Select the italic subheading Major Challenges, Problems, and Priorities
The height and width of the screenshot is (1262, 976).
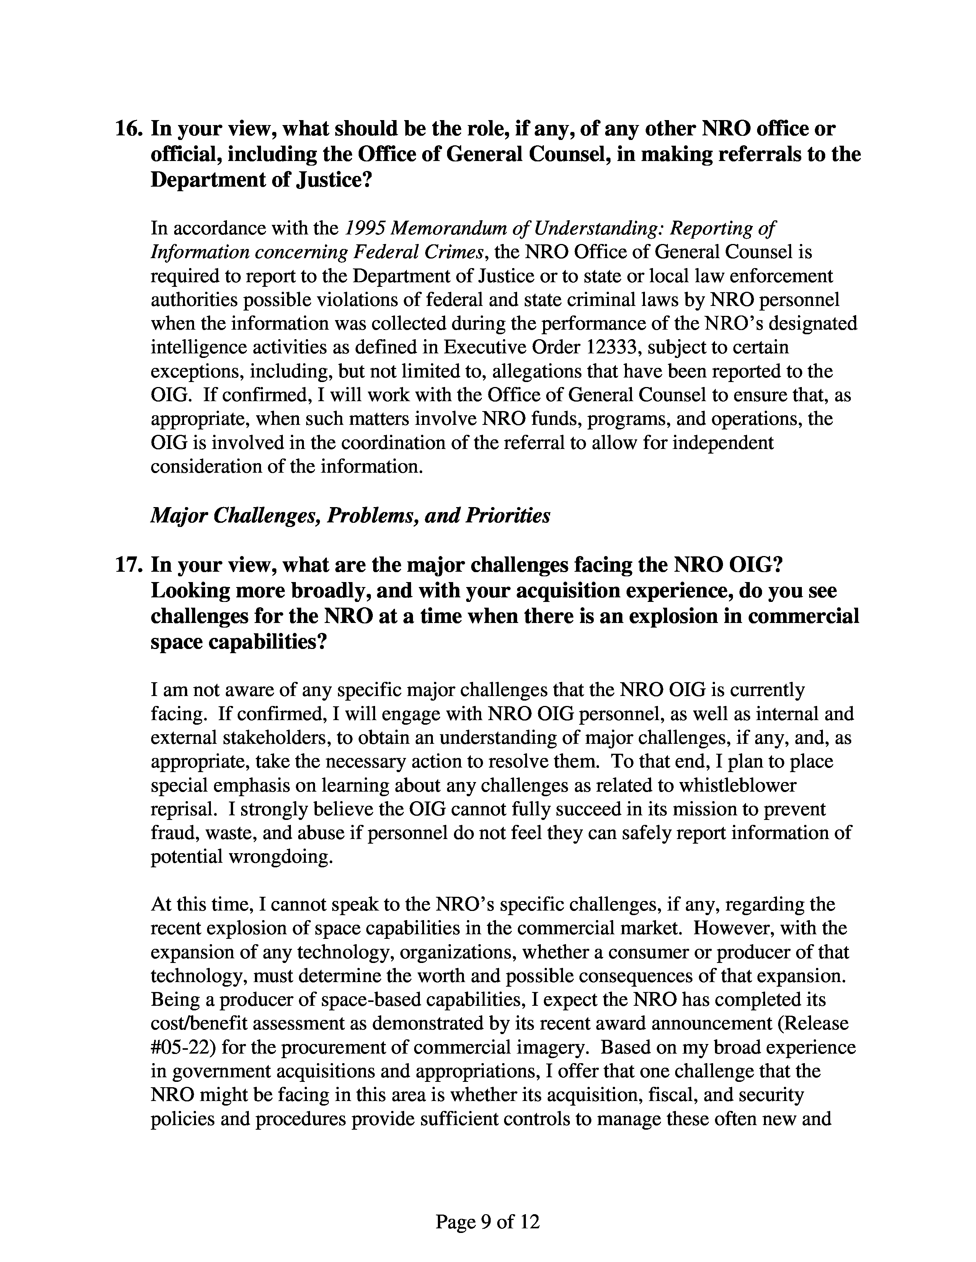click(350, 516)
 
